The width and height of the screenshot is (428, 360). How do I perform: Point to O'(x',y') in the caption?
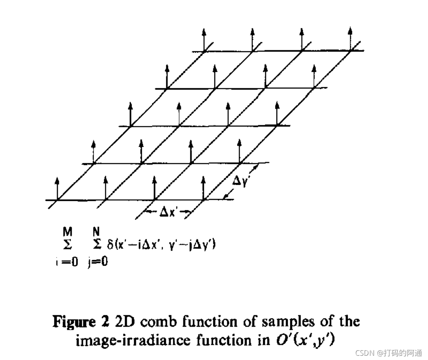[x=303, y=340]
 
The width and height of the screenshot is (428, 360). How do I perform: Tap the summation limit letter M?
[x=67, y=232]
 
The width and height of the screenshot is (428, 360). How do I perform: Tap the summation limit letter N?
[x=96, y=232]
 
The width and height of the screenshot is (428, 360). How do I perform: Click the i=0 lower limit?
[x=66, y=262]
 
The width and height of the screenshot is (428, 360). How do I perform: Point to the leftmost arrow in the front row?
[x=57, y=189]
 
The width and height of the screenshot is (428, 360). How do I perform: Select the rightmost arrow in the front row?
[x=204, y=189]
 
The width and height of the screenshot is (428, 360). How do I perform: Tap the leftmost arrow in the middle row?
[x=131, y=114]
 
